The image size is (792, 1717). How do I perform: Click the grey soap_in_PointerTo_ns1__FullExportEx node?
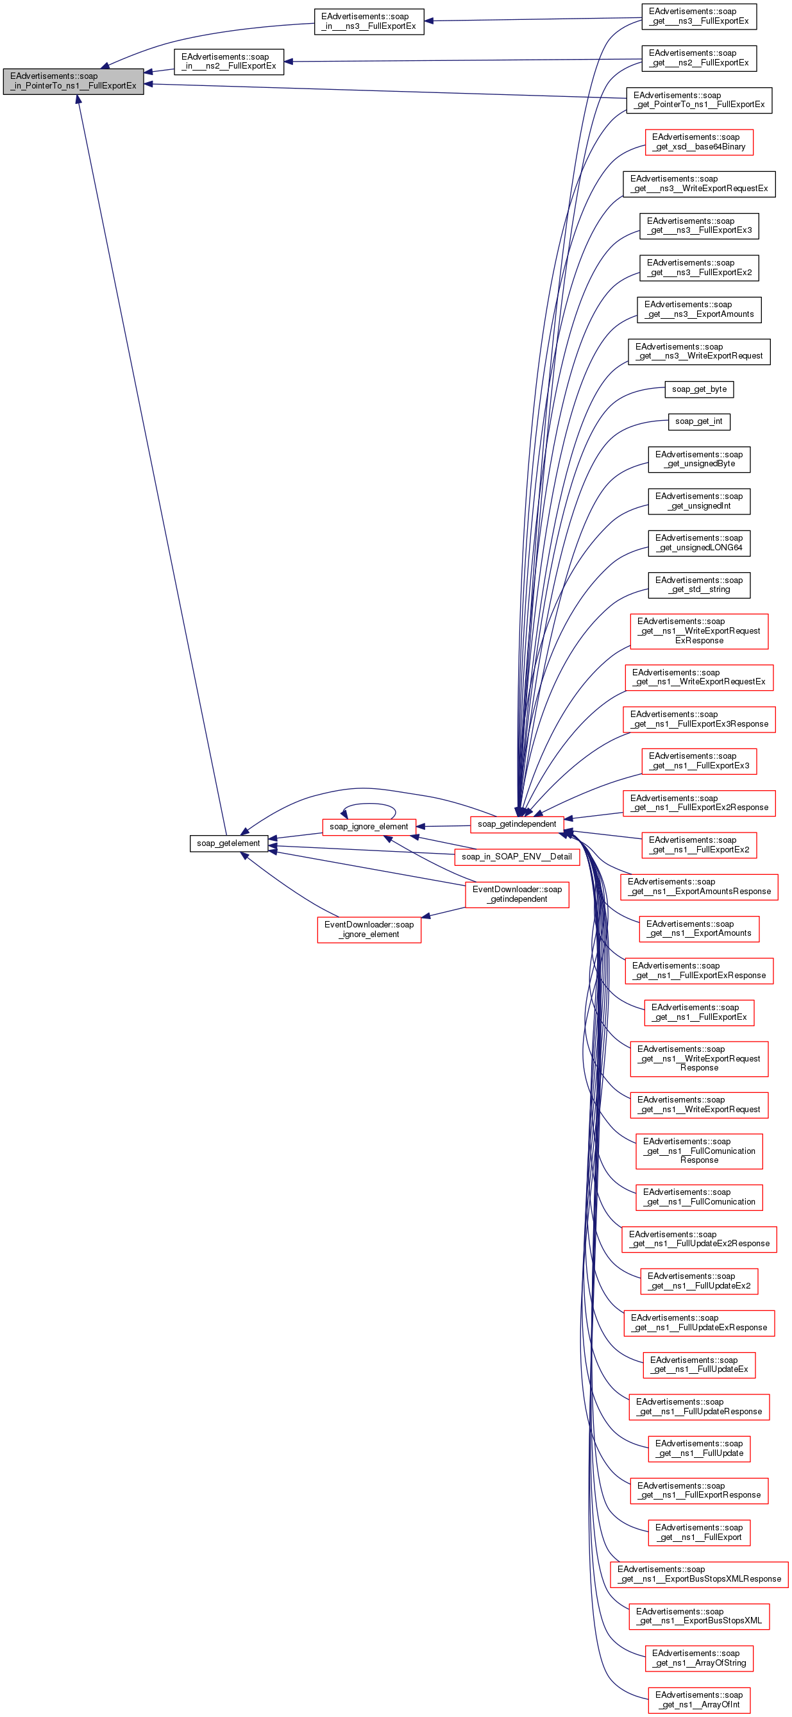73,81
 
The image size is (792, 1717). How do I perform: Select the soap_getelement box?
229,843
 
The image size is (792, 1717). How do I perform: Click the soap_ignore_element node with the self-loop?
369,827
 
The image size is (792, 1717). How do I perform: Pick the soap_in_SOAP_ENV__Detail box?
517,856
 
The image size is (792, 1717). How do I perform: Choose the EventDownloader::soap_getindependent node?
517,894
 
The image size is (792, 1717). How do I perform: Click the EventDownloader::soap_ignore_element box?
369,929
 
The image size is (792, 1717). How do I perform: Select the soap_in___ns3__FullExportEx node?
369,21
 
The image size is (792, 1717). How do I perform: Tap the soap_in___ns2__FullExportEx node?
229,62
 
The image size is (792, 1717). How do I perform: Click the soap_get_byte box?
698,389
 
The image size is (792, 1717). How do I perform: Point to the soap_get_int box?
698,421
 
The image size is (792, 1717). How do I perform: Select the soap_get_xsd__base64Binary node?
698,142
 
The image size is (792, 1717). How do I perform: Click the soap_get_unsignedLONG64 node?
698,543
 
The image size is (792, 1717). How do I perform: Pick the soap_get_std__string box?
698,584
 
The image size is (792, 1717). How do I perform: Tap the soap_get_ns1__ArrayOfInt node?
698,1700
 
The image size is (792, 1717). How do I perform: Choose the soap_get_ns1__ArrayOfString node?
698,1658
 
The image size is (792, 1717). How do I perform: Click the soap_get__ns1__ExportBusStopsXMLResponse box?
698,1574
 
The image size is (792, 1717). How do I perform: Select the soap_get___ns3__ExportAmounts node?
698,309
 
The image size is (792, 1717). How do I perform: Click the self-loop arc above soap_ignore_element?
369,805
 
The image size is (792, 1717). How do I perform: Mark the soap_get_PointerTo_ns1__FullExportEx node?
698,100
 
